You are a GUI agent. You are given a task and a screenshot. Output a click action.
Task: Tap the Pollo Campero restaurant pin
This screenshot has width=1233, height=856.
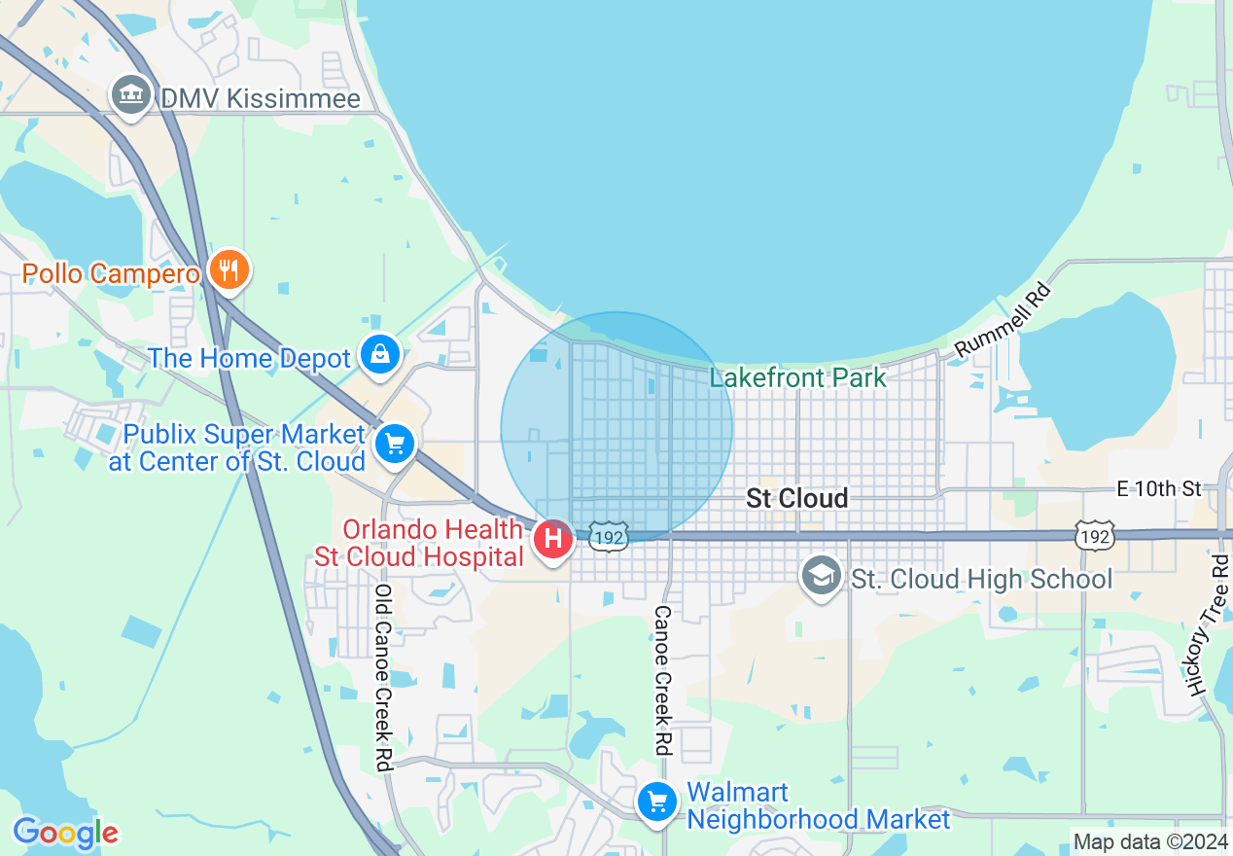tap(229, 269)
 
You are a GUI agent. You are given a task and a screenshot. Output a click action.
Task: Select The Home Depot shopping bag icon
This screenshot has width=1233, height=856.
tap(379, 355)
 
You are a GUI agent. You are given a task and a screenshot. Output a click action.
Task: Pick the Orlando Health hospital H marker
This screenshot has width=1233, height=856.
tap(553, 538)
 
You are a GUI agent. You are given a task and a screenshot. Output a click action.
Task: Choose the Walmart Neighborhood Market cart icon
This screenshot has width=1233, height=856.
tap(657, 803)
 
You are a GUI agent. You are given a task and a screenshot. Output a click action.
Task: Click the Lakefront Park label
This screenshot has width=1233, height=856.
tap(797, 377)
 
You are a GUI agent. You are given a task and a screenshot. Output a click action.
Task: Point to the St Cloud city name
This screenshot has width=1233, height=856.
tap(796, 499)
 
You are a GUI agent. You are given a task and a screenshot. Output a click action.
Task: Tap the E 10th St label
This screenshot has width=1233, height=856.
tap(1159, 489)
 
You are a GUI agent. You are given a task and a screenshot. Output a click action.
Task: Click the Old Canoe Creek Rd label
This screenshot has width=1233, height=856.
tap(383, 677)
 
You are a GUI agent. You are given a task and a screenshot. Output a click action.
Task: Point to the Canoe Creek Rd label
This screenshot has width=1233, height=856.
tap(663, 680)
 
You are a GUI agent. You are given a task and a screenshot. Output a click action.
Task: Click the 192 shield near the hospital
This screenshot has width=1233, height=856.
tap(608, 536)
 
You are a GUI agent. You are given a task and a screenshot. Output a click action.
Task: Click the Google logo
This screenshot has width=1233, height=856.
tap(65, 833)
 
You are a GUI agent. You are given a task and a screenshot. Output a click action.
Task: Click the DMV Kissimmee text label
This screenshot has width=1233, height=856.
tap(260, 99)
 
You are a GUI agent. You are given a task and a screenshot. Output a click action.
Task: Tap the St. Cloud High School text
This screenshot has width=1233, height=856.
tap(981, 580)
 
